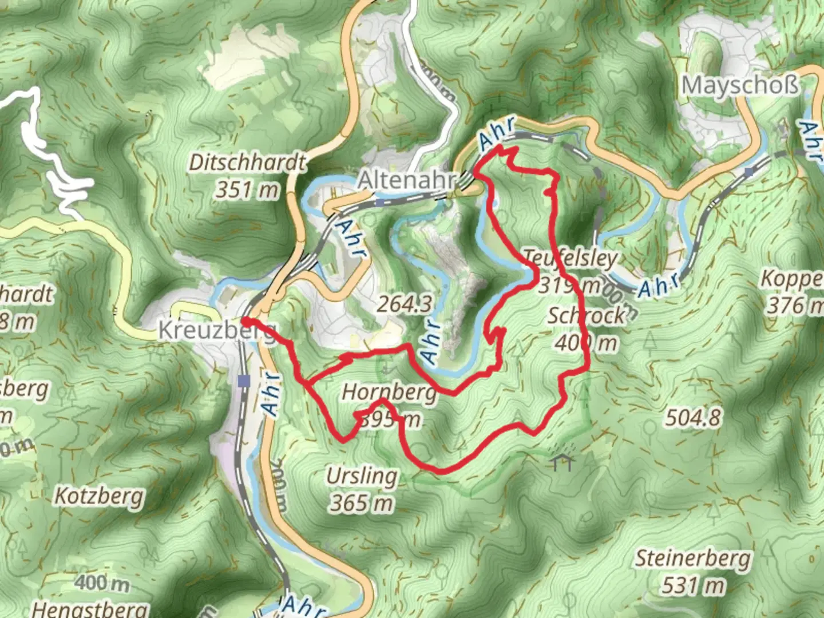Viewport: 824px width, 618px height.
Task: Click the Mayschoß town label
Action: tap(739, 86)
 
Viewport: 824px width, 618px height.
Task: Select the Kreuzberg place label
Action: tap(216, 330)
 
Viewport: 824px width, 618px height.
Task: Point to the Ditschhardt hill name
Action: tap(247, 163)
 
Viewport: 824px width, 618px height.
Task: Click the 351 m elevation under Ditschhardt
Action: tap(247, 189)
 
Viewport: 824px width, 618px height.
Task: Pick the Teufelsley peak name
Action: tap(571, 257)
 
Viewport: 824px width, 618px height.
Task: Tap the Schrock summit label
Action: tap(587, 315)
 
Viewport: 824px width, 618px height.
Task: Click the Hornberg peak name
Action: tap(389, 393)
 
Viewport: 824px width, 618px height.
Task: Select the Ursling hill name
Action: tap(362, 476)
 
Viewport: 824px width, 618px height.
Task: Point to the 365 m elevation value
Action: tap(362, 503)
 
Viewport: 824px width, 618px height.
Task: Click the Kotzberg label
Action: tap(99, 496)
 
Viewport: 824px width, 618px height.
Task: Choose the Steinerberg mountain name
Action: tap(692, 558)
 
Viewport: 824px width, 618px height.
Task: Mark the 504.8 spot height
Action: tap(693, 418)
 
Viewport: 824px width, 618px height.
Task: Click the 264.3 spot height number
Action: tap(404, 304)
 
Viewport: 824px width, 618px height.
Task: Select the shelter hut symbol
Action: tap(562, 461)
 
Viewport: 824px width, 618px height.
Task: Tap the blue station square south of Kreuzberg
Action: tap(244, 380)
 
